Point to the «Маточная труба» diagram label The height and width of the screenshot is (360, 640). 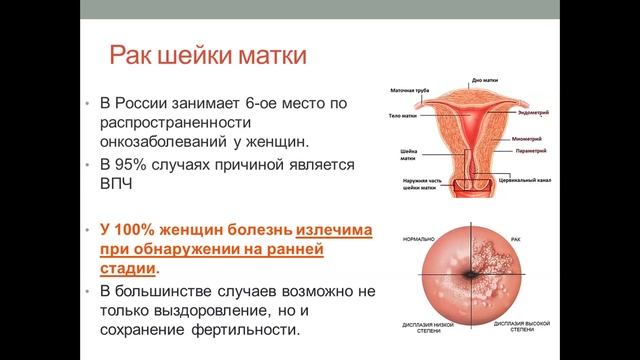(408, 92)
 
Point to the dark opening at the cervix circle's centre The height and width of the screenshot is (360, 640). (470, 276)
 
